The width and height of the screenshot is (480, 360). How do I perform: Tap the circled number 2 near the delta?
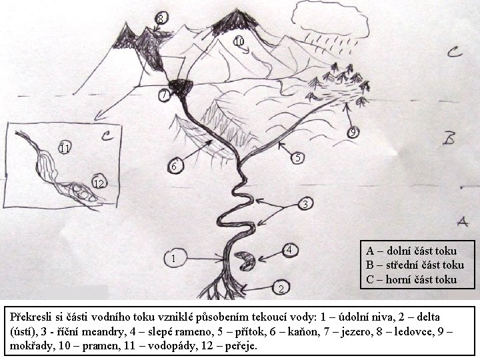(281, 288)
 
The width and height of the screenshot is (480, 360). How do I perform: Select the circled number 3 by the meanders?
(305, 204)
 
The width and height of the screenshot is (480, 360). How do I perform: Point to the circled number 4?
(289, 251)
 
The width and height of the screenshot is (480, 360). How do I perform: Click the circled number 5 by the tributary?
(297, 157)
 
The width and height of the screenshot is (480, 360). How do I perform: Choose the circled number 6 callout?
(175, 166)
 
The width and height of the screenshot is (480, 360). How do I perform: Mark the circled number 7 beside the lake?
(165, 95)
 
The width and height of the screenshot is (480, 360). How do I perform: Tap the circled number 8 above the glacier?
(161, 19)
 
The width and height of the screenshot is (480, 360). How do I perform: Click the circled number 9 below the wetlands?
(353, 132)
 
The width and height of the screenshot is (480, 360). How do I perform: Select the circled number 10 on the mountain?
(240, 41)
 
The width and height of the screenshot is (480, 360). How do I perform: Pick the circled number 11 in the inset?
(65, 148)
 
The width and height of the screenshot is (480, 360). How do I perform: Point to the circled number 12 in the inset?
(99, 183)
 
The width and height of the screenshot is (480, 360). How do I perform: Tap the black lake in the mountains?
(181, 86)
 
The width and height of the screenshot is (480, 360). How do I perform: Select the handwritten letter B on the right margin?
(449, 139)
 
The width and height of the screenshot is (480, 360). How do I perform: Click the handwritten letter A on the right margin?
(463, 221)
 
